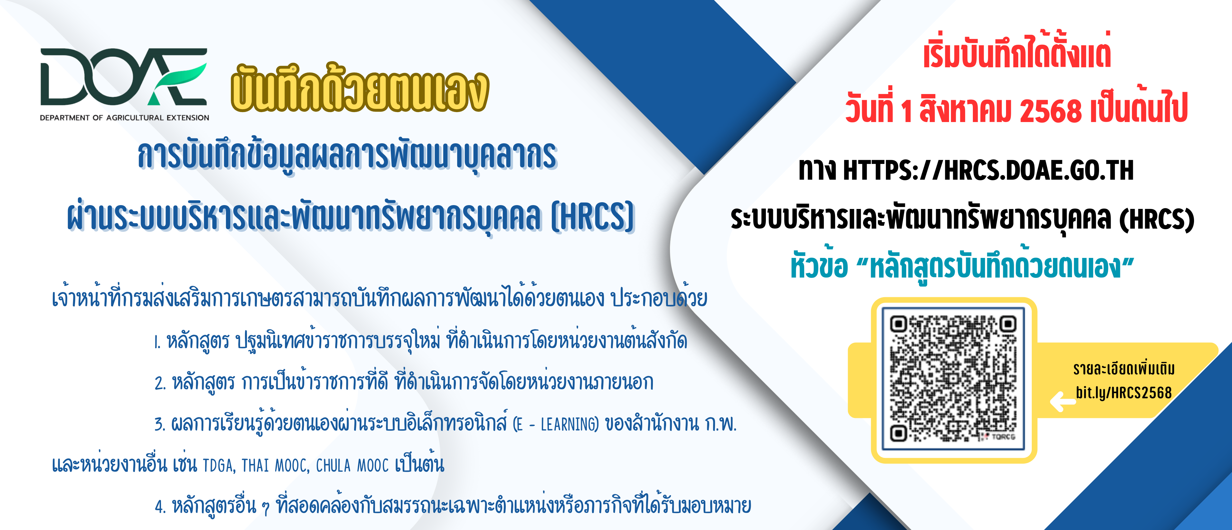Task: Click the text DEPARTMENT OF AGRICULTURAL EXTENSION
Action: (x=124, y=118)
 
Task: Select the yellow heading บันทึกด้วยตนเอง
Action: (x=360, y=89)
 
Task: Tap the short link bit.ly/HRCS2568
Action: (x=1124, y=393)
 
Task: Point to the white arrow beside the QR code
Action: (x=1062, y=401)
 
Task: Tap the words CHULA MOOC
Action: (x=353, y=465)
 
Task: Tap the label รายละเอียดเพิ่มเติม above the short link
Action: (x=1124, y=368)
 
